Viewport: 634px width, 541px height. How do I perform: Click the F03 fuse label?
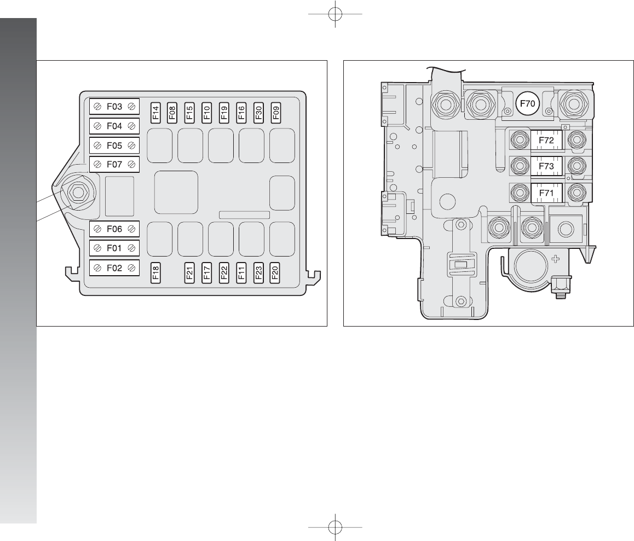pyautogui.click(x=114, y=107)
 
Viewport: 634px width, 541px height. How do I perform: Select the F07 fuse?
pyautogui.click(x=114, y=165)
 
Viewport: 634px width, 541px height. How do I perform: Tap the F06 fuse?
pyautogui.click(x=114, y=229)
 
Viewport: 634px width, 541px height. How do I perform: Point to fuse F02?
pyautogui.click(x=114, y=268)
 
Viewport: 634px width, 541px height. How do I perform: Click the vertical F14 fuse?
pyautogui.click(x=155, y=112)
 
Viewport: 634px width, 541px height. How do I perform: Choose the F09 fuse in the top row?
pyautogui.click(x=276, y=112)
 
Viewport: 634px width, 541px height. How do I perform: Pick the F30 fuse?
pyautogui.click(x=259, y=112)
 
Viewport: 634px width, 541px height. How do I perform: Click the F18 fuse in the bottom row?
pyautogui.click(x=155, y=273)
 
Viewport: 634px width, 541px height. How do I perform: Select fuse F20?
pyautogui.click(x=275, y=273)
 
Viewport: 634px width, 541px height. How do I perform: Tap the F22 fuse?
pyautogui.click(x=224, y=273)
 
